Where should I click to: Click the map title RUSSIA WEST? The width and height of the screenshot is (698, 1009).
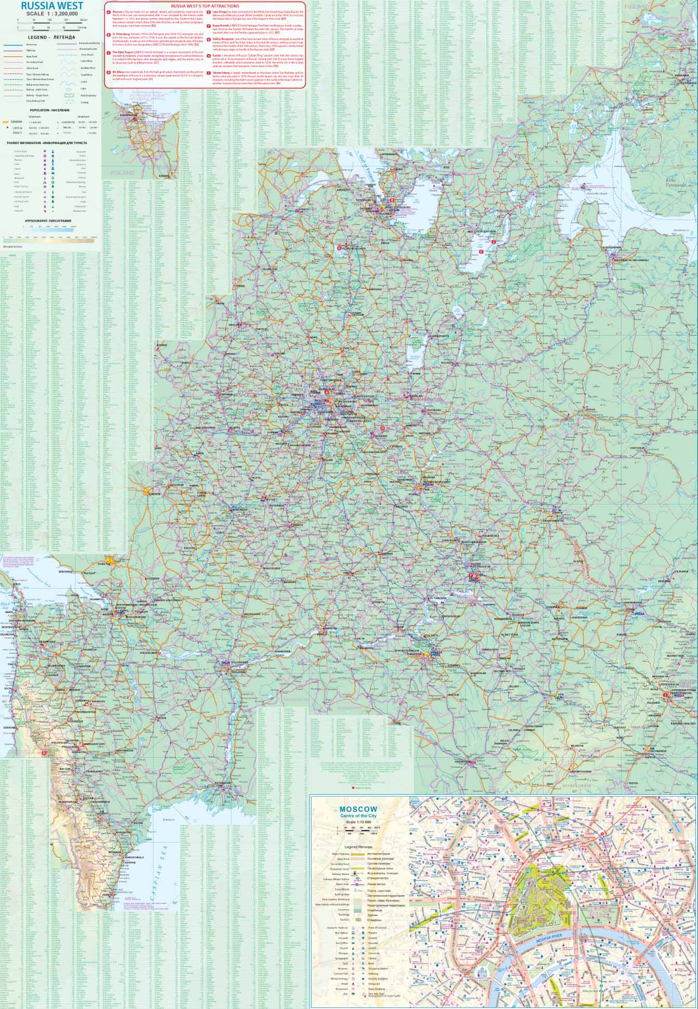point(48,6)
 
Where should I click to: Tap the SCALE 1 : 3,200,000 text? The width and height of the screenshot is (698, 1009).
point(48,14)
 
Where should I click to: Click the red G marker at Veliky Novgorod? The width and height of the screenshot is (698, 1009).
point(340,248)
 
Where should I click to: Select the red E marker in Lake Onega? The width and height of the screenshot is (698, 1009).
point(481,252)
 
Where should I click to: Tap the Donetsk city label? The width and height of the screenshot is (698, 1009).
point(104,563)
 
